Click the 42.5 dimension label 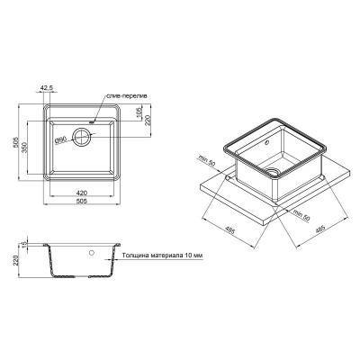(47, 88)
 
